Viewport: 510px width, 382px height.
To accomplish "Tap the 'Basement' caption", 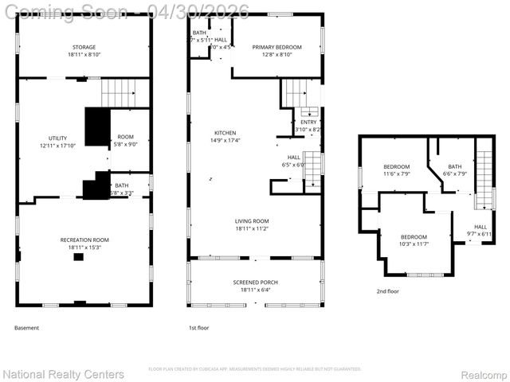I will [x=26, y=328].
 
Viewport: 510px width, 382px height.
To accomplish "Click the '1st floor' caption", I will [x=198, y=328].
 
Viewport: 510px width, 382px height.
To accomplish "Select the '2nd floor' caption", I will [x=387, y=291].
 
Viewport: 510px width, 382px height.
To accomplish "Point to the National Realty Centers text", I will [x=64, y=374].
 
